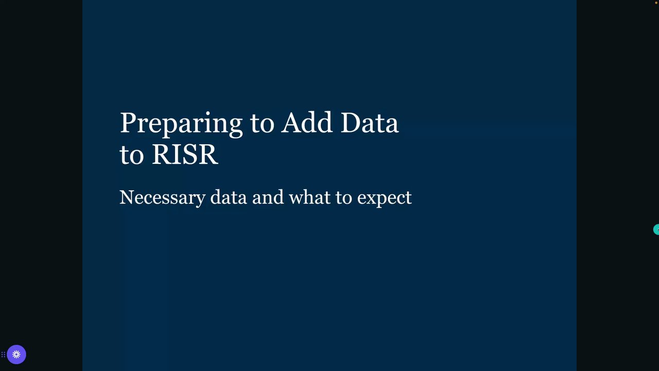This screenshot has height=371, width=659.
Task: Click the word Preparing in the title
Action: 181,124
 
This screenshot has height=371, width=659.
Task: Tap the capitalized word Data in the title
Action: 370,123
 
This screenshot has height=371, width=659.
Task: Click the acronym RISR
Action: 185,154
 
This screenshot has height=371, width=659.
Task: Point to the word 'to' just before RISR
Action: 132,156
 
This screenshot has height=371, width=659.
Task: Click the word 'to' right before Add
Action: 262,124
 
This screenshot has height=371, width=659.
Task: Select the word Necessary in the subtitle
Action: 162,198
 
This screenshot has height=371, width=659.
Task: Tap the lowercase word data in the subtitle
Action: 229,197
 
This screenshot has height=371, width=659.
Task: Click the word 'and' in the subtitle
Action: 268,197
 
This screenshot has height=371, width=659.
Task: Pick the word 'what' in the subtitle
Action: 310,197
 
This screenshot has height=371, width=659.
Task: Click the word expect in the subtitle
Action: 384,198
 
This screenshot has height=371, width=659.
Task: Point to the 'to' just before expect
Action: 344,198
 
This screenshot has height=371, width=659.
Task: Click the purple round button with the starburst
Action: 16,355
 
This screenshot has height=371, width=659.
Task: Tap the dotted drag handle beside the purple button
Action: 3,355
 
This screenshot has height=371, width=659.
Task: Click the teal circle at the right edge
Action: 656,229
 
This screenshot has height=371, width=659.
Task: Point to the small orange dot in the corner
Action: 656,3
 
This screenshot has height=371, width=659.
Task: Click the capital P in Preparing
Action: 129,123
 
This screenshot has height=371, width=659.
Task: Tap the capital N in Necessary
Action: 127,197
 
